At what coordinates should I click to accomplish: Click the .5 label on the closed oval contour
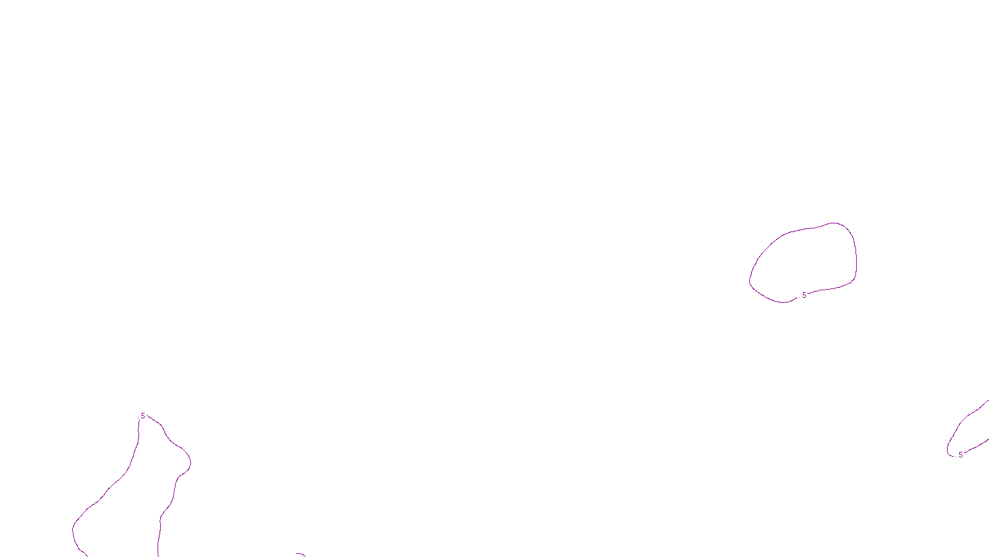tap(804, 295)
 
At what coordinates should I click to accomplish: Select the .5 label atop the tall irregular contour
tap(142, 416)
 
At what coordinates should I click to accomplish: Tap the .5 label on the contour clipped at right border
tap(960, 455)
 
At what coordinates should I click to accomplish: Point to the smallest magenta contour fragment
tap(300, 555)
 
